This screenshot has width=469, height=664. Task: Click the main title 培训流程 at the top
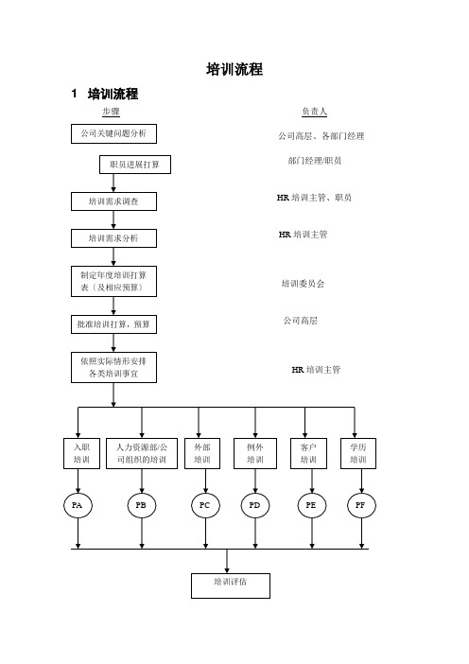click(234, 69)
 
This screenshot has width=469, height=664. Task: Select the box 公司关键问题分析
click(113, 133)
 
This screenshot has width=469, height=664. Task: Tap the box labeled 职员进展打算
click(135, 165)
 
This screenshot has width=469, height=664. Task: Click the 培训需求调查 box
click(113, 201)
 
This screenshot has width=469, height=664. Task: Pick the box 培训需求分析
click(113, 238)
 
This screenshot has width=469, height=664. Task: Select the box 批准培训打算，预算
click(113, 324)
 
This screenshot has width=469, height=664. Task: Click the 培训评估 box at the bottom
click(231, 585)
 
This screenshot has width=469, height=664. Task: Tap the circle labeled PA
click(78, 505)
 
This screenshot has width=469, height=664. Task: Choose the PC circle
click(206, 505)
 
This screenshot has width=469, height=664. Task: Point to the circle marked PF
click(361, 505)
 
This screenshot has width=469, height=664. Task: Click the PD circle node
click(255, 505)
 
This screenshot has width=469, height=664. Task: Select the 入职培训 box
click(81, 453)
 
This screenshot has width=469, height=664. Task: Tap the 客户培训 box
click(308, 453)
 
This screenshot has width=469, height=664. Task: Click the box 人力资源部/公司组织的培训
click(142, 453)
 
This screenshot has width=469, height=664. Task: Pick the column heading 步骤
click(111, 112)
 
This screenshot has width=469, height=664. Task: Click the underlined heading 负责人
click(314, 112)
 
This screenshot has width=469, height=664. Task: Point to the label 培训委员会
click(304, 284)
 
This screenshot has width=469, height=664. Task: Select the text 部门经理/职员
click(315, 161)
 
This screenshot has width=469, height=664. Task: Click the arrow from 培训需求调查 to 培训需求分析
click(113, 220)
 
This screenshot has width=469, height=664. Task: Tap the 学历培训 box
click(358, 453)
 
